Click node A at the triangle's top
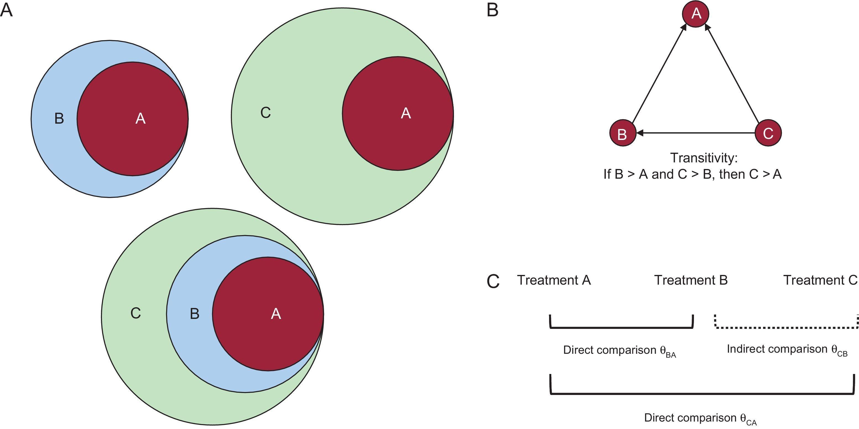696,14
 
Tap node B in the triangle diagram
623,133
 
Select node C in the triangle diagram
768,133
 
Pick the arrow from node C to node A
732,74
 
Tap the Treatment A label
554,280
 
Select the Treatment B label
691,280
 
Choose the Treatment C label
820,280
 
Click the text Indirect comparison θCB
787,350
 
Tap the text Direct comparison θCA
700,418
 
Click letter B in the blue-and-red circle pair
59,119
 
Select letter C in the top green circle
265,113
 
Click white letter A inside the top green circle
406,113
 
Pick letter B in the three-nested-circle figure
194,314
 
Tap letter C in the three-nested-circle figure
136,313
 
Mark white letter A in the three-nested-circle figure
276,314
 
